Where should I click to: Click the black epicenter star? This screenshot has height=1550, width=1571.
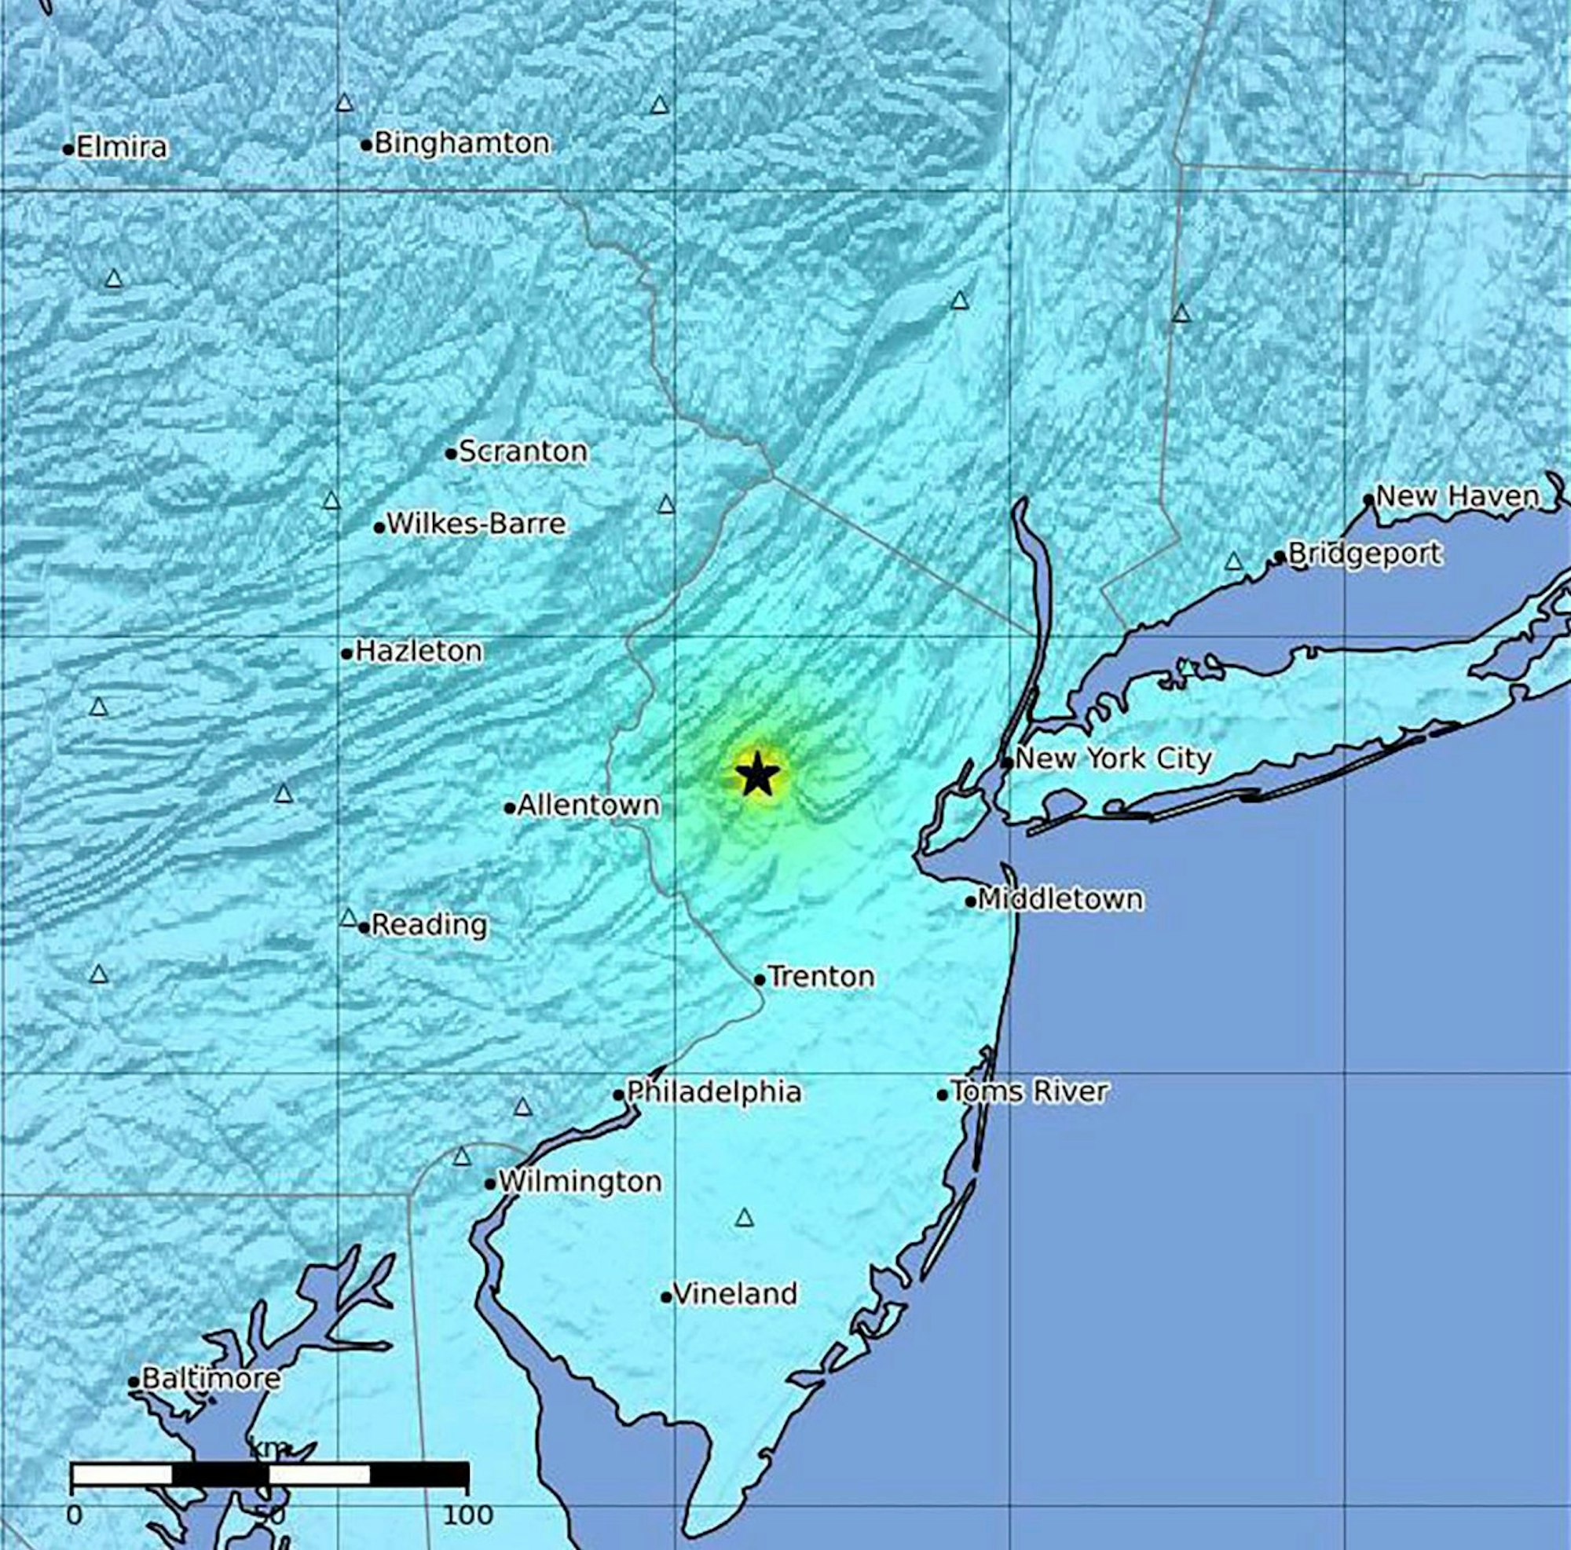[x=756, y=773]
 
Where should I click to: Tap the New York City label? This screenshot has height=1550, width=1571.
[x=1113, y=759]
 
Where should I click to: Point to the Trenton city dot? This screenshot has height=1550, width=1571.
[x=760, y=980]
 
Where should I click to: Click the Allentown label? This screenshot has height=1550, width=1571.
[x=588, y=805]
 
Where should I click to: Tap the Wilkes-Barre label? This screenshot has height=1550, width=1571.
[x=476, y=524]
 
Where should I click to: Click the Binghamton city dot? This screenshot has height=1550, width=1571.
[x=366, y=145]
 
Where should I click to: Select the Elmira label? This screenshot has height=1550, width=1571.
[x=122, y=147]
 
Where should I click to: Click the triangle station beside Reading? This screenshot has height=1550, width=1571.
[x=348, y=918]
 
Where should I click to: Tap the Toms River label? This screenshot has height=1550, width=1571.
[x=1029, y=1091]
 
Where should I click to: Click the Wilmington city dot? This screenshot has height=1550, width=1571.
[x=489, y=1184]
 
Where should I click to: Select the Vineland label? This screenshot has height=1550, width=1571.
[x=735, y=1293]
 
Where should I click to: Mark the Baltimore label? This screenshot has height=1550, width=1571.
[x=211, y=1378]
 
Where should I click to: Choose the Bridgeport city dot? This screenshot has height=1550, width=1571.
[x=1279, y=557]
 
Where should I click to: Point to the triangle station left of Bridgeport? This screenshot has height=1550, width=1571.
[x=1233, y=561]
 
